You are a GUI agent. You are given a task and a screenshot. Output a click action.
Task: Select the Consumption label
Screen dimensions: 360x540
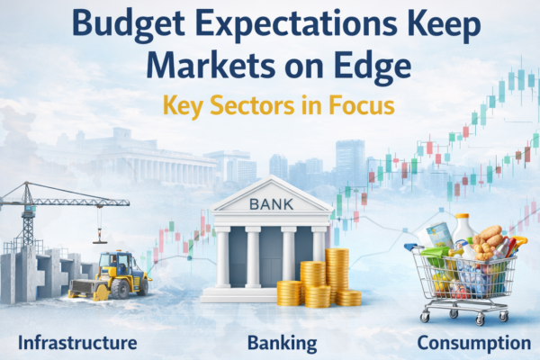[x=474, y=343]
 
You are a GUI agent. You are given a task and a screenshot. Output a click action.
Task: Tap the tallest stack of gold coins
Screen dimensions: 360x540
[x=337, y=274]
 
